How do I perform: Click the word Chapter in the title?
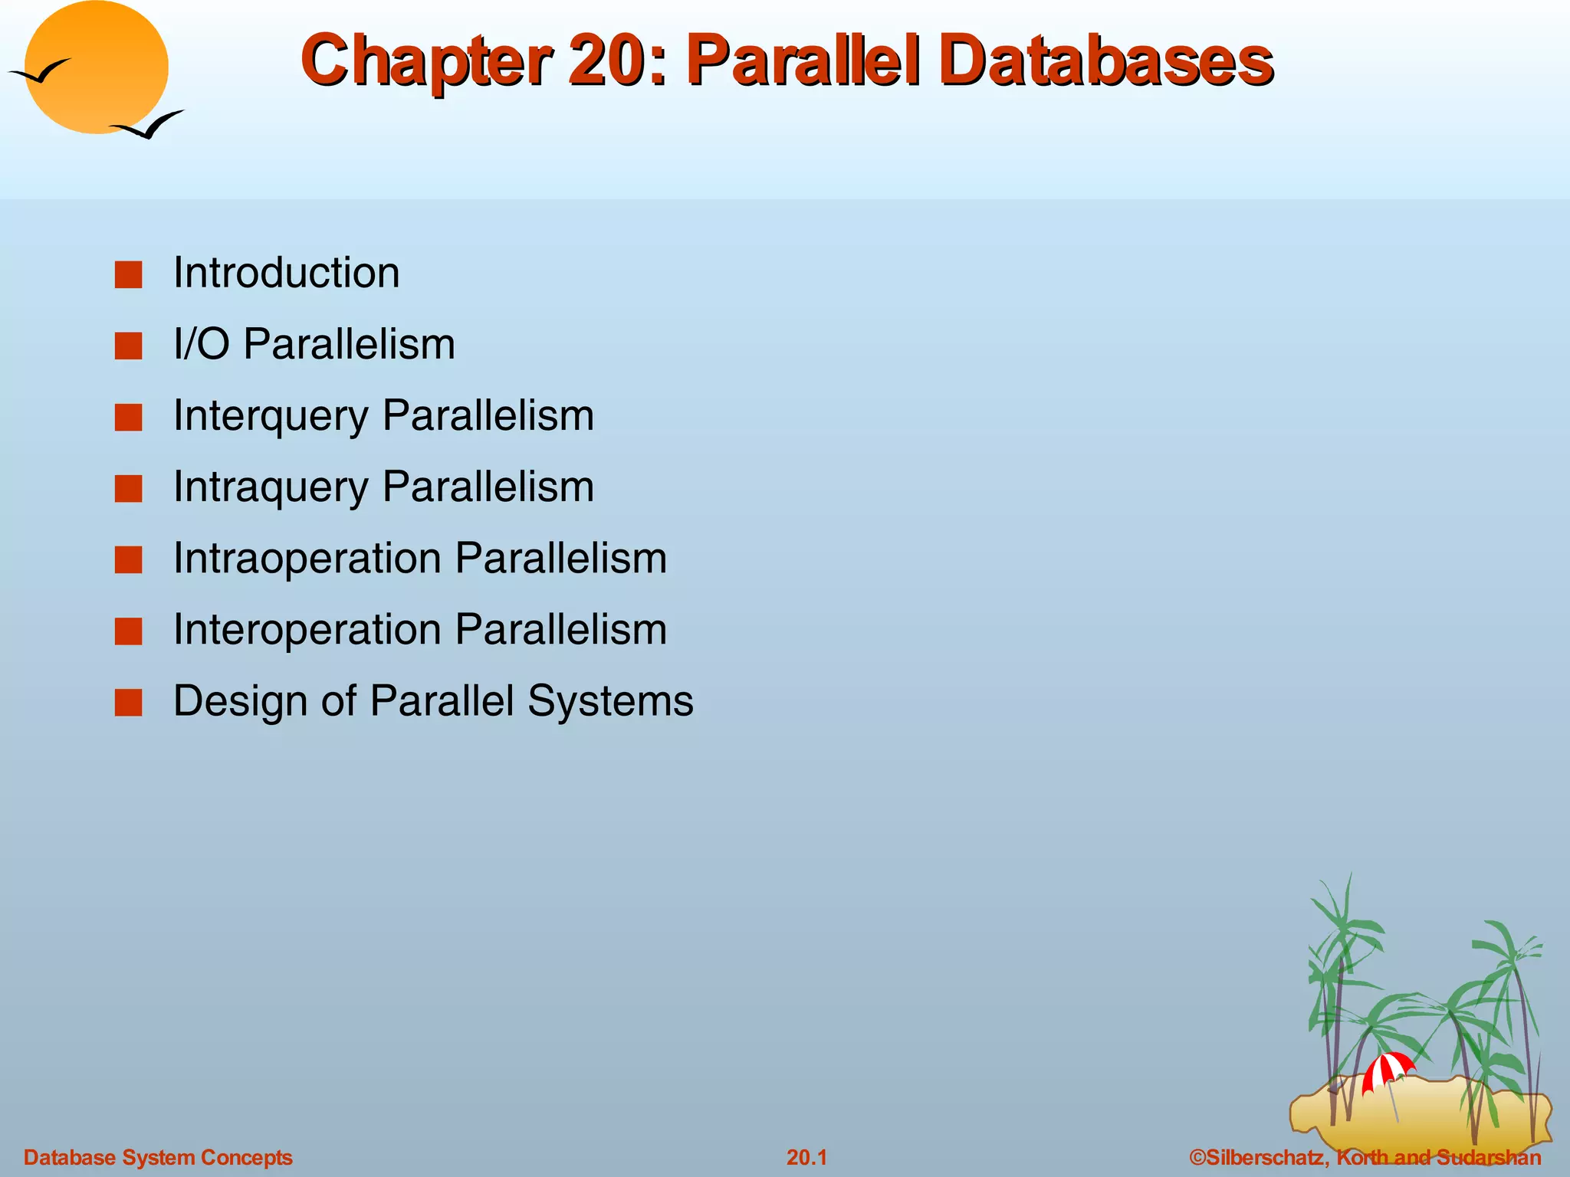(x=425, y=61)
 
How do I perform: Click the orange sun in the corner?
(x=96, y=67)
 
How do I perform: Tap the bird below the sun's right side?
(x=149, y=125)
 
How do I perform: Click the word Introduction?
(x=286, y=273)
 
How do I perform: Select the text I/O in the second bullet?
(x=201, y=344)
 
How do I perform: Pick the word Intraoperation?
(x=307, y=558)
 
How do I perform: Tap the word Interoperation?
(x=307, y=630)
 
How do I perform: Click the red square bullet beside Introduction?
(x=129, y=274)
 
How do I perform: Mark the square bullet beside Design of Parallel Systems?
(x=129, y=702)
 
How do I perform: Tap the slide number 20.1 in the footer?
(x=806, y=1157)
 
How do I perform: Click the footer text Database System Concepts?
(x=158, y=1157)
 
